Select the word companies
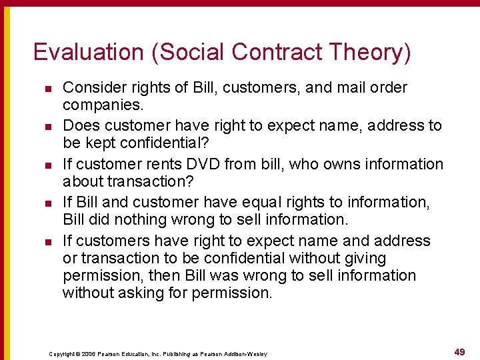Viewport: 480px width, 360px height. click(x=100, y=105)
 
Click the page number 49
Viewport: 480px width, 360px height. click(x=459, y=351)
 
